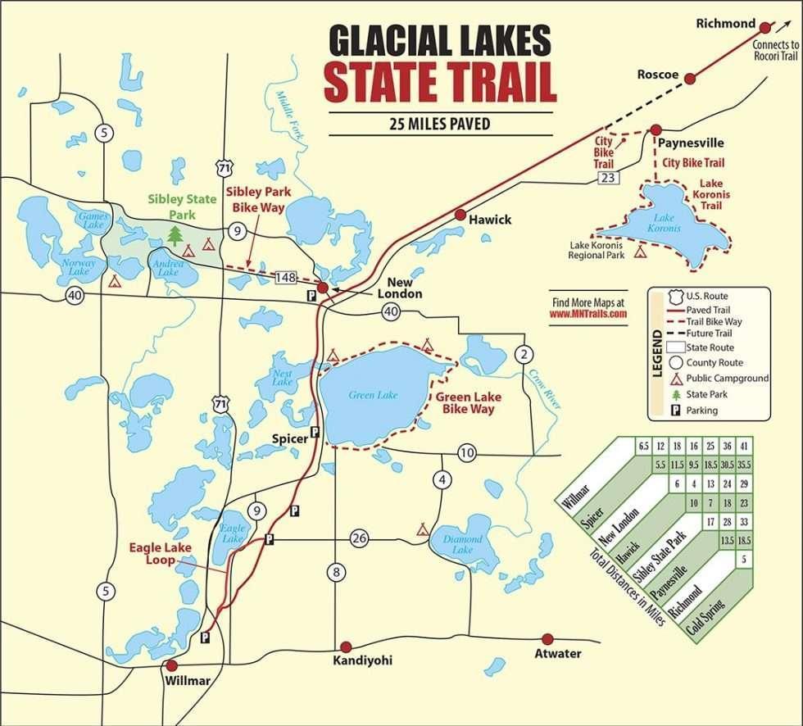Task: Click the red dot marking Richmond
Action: [765, 27]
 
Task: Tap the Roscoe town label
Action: [658, 75]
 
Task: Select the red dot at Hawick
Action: [460, 215]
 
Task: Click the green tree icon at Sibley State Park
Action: [175, 236]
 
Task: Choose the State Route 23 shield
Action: [608, 177]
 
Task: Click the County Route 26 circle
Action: [360, 538]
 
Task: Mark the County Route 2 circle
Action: [522, 354]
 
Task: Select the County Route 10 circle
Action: [467, 452]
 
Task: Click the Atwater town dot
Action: [547, 638]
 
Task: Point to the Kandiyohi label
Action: [362, 660]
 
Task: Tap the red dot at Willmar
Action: [171, 665]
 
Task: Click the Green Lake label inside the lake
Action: [373, 395]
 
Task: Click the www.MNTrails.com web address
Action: [588, 313]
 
